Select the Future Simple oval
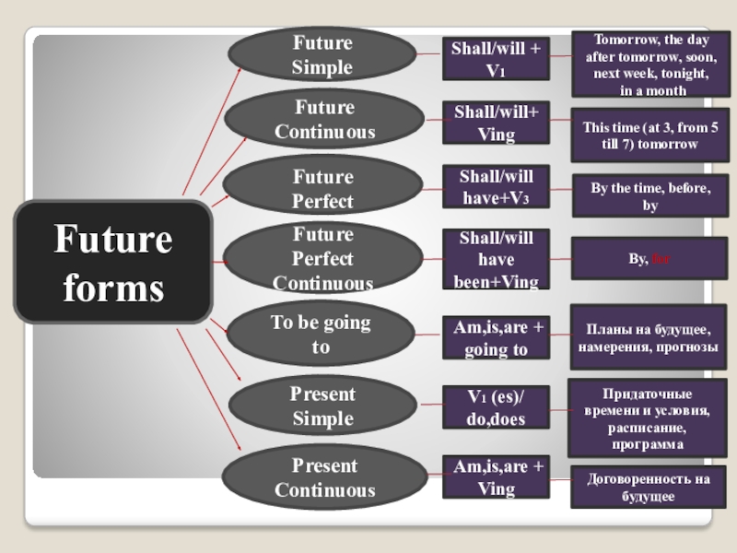(x=322, y=54)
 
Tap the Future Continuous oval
(x=324, y=119)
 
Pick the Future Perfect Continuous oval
(x=322, y=259)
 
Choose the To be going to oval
(x=321, y=335)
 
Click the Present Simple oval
(x=322, y=406)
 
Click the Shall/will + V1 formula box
(x=496, y=59)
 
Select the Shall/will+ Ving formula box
(x=497, y=124)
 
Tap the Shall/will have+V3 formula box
(x=497, y=186)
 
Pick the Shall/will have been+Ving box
(x=497, y=259)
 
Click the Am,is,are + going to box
(x=497, y=337)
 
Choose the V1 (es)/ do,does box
(x=497, y=408)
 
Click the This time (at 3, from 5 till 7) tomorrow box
(x=651, y=135)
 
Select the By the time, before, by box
(x=650, y=195)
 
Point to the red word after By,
(x=661, y=260)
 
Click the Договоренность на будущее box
(x=649, y=488)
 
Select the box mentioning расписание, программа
(x=646, y=418)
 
